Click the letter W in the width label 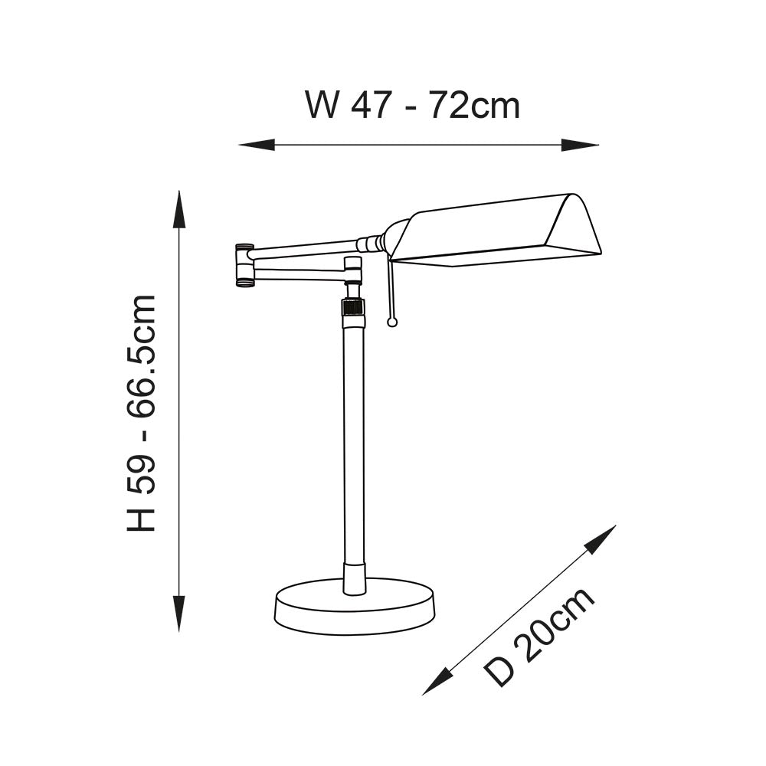(x=322, y=104)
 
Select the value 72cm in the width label (x=476, y=104)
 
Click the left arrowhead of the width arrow (x=257, y=145)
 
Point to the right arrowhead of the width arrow (x=580, y=145)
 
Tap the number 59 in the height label (x=141, y=473)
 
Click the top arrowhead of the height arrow (x=180, y=209)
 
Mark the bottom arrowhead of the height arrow (x=180, y=614)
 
